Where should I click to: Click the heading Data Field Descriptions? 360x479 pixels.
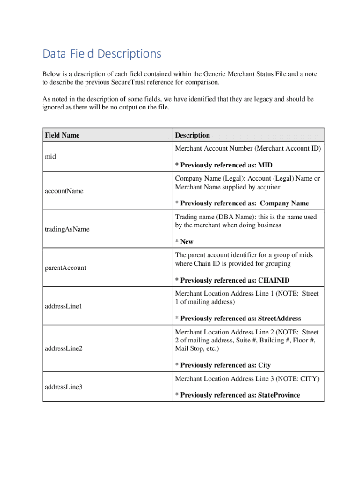(x=102, y=54)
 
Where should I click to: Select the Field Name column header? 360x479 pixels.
(x=62, y=135)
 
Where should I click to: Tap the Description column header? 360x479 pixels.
(x=192, y=135)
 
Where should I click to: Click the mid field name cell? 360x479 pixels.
(x=50, y=157)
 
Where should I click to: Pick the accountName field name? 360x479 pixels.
(x=64, y=191)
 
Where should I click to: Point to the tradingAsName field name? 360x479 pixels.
(x=67, y=229)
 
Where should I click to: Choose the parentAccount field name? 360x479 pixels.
(x=65, y=268)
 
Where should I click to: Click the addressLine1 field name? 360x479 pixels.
(x=64, y=306)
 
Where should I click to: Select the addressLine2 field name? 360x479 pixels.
(x=64, y=348)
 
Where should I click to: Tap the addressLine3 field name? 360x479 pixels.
(x=64, y=387)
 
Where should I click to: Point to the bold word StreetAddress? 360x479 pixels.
(x=279, y=319)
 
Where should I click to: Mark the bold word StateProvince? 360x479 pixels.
(x=279, y=395)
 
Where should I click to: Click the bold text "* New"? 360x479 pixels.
(x=184, y=242)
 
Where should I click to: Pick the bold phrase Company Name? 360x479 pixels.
(x=284, y=203)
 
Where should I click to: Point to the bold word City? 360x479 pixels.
(x=264, y=365)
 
